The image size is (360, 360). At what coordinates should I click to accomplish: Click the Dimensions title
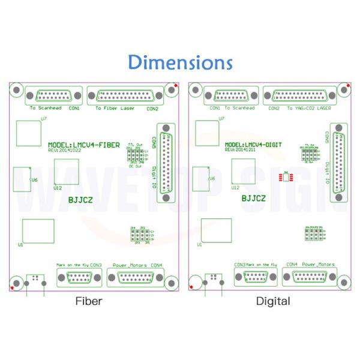180,62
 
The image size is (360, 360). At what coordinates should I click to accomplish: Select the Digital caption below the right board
272,301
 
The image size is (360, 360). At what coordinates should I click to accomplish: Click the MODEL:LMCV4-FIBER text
84,145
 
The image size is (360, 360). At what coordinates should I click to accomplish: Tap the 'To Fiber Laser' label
115,109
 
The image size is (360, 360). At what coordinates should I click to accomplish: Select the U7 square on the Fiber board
28,133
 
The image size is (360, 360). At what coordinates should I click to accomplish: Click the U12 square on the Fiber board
66,172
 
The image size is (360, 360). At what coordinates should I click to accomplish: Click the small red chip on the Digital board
287,176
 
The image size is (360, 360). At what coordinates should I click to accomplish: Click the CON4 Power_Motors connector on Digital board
310,277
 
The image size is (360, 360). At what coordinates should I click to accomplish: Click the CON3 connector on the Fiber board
80,277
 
